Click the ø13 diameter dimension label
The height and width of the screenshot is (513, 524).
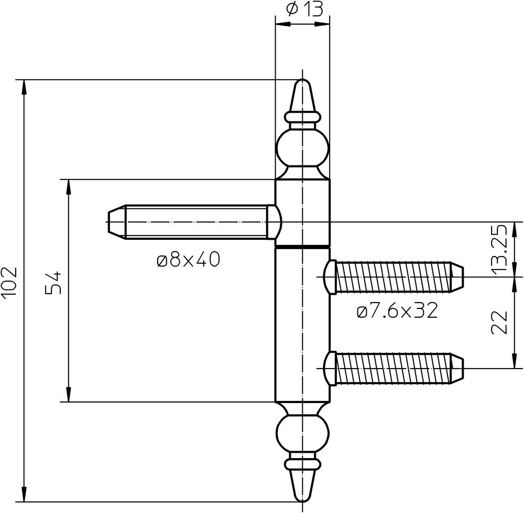click(x=304, y=9)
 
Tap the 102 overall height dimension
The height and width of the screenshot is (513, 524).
click(x=9, y=282)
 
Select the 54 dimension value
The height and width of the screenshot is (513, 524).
click(x=53, y=282)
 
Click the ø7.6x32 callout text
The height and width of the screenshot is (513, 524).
click(x=397, y=311)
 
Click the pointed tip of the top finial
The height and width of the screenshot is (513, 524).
click(x=302, y=80)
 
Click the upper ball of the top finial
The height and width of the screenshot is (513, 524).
click(x=302, y=149)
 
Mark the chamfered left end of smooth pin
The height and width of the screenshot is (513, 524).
click(x=117, y=221)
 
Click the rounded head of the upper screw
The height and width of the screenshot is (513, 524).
click(x=330, y=277)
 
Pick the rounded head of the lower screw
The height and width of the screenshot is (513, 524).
click(x=330, y=369)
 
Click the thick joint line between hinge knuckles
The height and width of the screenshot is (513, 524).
click(x=302, y=247)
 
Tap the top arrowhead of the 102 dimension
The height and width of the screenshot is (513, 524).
click(x=24, y=88)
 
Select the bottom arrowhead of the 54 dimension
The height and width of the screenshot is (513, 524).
click(x=69, y=394)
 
